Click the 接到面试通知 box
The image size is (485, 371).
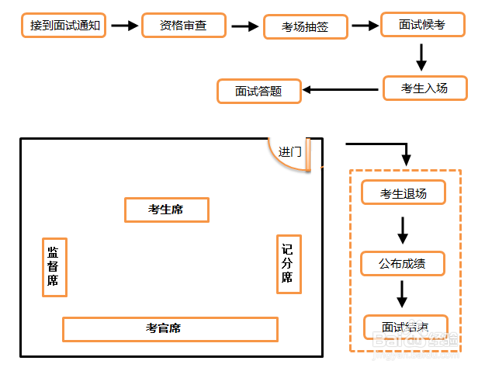coord(65,25)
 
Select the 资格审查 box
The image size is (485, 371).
coord(183,25)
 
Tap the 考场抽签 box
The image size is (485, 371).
coord(306,27)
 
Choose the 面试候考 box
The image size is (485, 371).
coord(422,25)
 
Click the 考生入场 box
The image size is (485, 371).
coord(424,88)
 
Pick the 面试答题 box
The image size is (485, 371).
coord(258,91)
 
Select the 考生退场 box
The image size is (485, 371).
coord(404,192)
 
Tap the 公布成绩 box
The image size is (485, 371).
coord(403,263)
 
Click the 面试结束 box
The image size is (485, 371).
coord(405,325)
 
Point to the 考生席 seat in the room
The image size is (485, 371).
coord(166,210)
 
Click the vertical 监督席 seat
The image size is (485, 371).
coord(54,267)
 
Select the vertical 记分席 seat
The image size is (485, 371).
coord(288,265)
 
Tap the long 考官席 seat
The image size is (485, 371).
coord(170,329)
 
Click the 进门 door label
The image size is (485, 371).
coord(290,152)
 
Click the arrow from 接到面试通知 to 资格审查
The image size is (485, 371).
coord(123,26)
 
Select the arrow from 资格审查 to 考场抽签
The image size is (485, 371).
coord(244,26)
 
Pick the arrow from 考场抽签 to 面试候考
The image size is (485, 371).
coord(364,26)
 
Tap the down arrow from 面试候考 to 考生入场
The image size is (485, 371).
coord(422,56)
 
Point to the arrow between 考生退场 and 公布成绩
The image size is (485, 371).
coord(403,229)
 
